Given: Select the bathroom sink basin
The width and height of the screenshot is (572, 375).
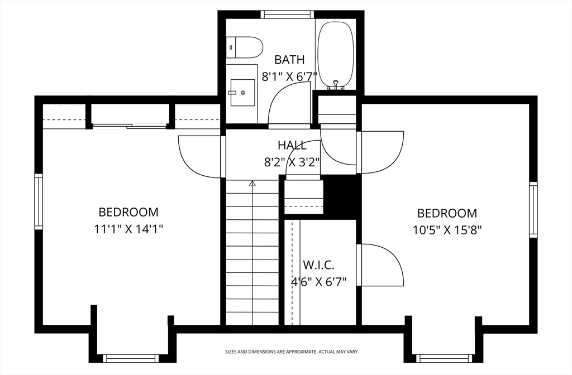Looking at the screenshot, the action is click(242, 93).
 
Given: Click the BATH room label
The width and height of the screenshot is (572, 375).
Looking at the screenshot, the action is click(289, 59).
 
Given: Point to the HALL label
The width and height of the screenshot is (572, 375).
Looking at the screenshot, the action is click(292, 145).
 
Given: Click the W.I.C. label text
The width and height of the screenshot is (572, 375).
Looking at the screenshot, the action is click(318, 265).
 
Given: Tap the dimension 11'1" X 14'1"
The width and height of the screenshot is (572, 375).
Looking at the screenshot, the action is click(128, 229).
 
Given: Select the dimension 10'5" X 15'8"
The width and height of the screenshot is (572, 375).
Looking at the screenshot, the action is click(447, 230).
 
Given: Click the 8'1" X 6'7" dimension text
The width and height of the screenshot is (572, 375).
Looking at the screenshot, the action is click(289, 77).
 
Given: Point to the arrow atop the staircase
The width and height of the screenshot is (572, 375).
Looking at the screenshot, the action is click(252, 183).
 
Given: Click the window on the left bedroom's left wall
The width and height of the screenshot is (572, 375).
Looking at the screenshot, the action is click(39, 201).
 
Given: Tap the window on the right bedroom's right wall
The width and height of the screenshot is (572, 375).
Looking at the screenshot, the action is click(533, 210).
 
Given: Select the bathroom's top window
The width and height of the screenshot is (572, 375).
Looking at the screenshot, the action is click(287, 14).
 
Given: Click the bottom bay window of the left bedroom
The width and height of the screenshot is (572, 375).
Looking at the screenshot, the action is click(131, 358).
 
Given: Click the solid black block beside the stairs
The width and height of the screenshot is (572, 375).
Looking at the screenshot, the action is click(340, 197).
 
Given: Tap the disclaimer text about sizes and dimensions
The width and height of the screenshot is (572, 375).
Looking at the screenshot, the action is click(292, 352).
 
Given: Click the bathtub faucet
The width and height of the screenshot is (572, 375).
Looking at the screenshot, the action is click(336, 85).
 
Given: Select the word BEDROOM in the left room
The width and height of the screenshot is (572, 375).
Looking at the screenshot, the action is click(128, 212).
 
